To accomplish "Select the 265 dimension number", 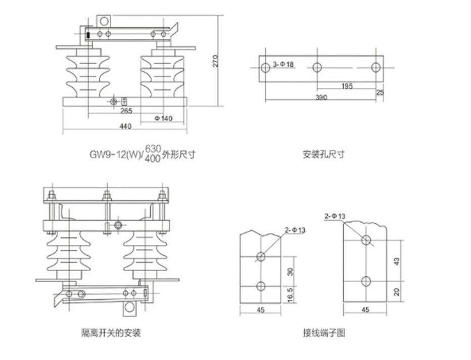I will point(126,111).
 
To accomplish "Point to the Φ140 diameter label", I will point(164,118).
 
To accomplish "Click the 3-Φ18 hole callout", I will point(284,64).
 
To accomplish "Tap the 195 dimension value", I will point(346,86).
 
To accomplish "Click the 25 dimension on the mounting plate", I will point(381,92).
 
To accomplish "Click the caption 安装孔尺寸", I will point(323,154).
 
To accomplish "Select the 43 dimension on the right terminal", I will point(397,261).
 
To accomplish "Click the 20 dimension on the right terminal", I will point(397,291).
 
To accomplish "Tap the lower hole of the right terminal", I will point(365,280).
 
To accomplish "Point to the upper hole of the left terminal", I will point(261,256).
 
